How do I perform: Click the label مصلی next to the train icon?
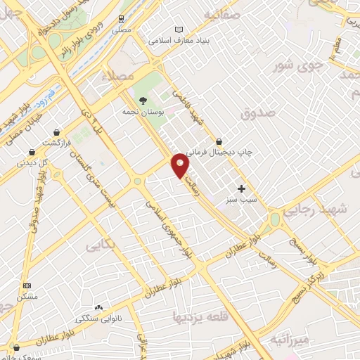click(x=122, y=30)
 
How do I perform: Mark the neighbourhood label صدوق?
click(x=256, y=112)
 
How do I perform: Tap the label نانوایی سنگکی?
click(x=98, y=319)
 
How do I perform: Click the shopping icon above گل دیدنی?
click(x=32, y=152)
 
